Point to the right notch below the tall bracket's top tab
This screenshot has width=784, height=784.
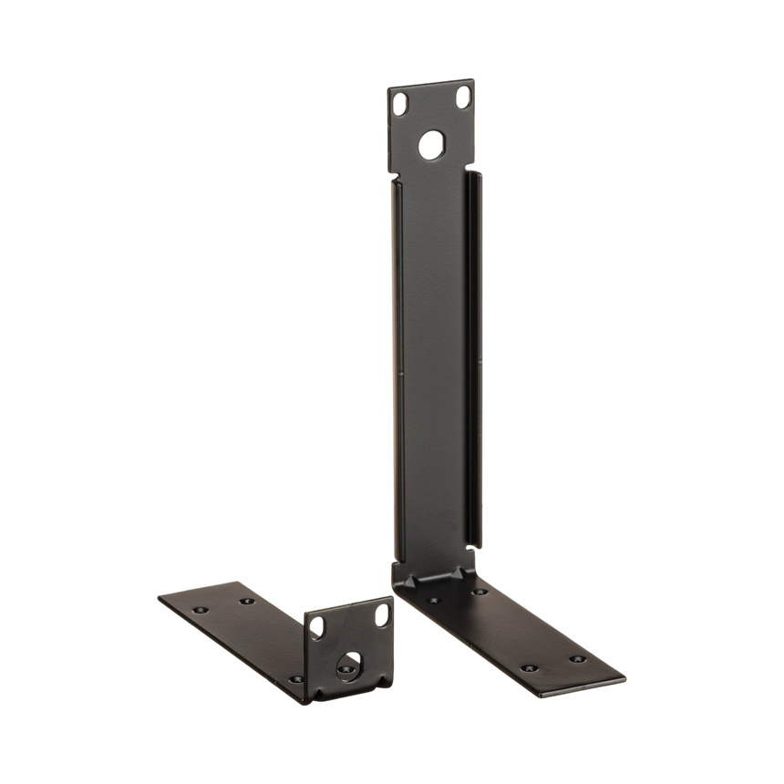click(x=471, y=168)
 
